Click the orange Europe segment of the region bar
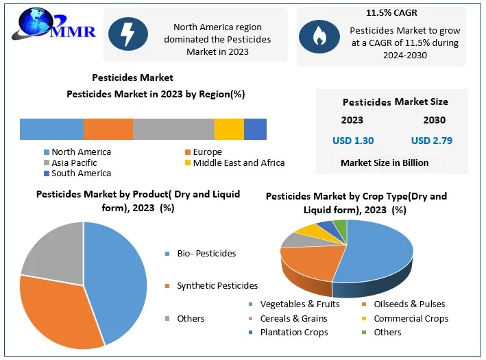coord(108,129)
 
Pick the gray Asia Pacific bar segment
coord(173,129)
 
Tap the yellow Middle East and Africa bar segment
coord(229,129)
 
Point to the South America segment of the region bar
coord(255,129)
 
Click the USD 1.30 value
coord(353,141)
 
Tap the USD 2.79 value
coord(432,141)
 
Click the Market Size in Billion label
coord(385,163)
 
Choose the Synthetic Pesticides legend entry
coord(217,285)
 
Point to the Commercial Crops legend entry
coord(411,318)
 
